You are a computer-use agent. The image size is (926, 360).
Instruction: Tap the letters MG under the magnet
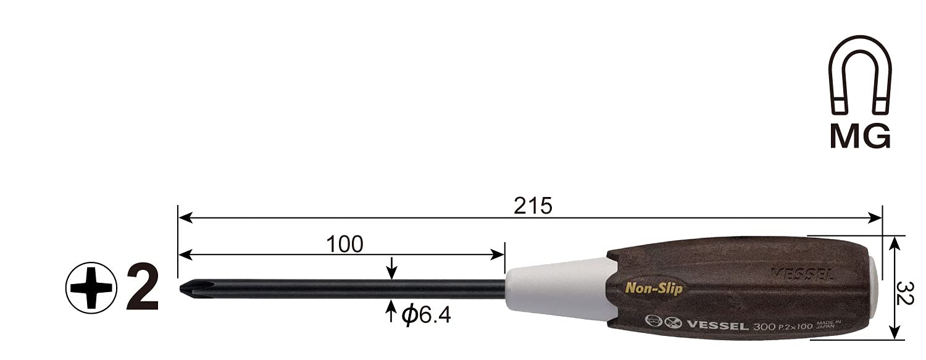tap(859, 136)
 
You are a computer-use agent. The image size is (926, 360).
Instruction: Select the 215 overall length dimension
tap(532, 206)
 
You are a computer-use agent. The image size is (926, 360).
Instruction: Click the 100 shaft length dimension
tap(344, 245)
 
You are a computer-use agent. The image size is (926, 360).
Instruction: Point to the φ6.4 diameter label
tap(426, 316)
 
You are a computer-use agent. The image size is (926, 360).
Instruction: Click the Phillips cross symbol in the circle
tap(90, 287)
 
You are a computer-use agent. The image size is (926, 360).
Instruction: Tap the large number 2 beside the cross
tap(142, 288)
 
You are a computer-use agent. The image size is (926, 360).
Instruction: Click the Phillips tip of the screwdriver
tap(188, 288)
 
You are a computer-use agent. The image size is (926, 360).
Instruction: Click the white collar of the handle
tap(556, 288)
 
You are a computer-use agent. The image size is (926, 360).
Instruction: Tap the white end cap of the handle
tap(875, 287)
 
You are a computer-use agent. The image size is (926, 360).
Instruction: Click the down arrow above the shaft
tap(391, 270)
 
